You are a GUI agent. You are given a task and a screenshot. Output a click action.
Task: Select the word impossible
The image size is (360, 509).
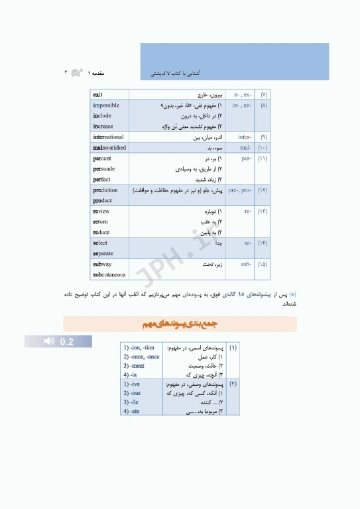point(106,105)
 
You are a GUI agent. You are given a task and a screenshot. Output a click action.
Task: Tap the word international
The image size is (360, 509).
point(108,137)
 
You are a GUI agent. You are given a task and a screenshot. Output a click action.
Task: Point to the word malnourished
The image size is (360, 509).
point(109,148)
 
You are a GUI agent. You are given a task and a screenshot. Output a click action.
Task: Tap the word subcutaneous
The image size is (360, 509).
point(109,275)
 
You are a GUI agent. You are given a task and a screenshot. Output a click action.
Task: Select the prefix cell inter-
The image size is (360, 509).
point(244,137)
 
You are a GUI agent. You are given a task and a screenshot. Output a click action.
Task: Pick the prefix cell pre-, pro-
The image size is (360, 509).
point(240,190)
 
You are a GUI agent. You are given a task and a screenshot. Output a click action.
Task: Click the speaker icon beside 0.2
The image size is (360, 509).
point(48,341)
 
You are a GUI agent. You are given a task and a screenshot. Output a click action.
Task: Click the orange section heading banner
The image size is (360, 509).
point(180,324)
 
